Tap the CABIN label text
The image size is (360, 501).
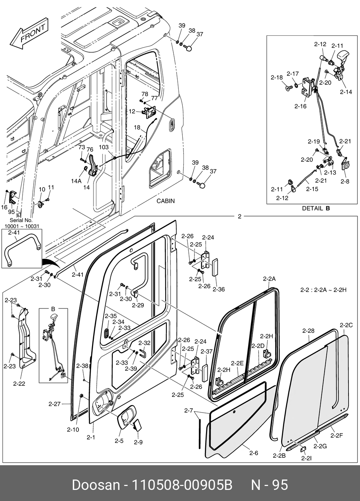[x=165, y=201]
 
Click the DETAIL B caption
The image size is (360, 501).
[x=316, y=208]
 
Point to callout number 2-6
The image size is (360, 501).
[x=253, y=453]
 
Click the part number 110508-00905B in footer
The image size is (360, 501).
[x=183, y=485]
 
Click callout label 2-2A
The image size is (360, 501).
[x=269, y=279]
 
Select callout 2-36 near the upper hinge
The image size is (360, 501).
[x=219, y=289]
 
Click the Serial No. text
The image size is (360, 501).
[x=21, y=220]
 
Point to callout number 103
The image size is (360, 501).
[x=104, y=147]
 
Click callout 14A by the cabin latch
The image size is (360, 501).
[x=76, y=181]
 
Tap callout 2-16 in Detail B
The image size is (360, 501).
[x=300, y=106]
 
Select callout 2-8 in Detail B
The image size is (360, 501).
[x=345, y=181]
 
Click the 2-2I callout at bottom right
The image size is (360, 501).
[x=306, y=458]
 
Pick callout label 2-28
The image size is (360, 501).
[x=308, y=331]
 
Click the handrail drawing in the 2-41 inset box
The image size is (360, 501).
[x=21, y=248]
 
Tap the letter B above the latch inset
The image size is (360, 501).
[x=53, y=308]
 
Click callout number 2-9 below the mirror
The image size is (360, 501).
[x=138, y=442]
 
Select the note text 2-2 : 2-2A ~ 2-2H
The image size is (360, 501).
[x=323, y=290]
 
